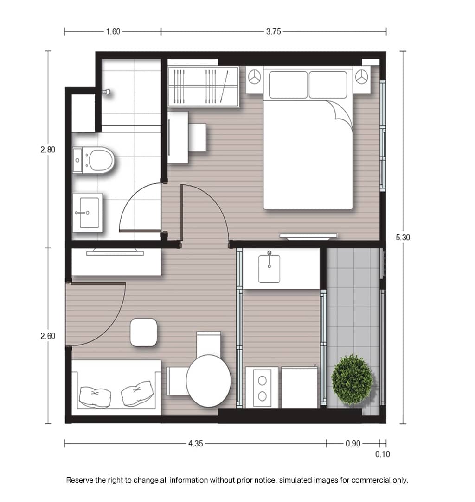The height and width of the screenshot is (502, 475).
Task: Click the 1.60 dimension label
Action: pyautogui.click(x=113, y=31)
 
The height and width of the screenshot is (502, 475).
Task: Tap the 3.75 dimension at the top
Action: pyautogui.click(x=273, y=31)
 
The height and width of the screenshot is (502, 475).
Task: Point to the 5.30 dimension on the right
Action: pyautogui.click(x=403, y=237)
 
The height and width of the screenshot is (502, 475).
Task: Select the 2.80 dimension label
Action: pyautogui.click(x=48, y=150)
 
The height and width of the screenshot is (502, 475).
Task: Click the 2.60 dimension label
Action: pyautogui.click(x=48, y=336)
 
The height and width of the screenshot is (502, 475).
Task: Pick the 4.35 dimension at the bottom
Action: pyautogui.click(x=196, y=443)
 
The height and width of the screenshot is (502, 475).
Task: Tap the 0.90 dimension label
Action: pyautogui.click(x=353, y=443)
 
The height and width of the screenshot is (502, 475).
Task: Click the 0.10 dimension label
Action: pyautogui.click(x=383, y=454)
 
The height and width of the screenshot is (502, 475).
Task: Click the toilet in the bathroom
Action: pyautogui.click(x=93, y=160)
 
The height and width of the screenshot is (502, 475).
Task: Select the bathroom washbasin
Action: pyautogui.click(x=88, y=213)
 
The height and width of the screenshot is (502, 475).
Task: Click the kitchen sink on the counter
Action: pyautogui.click(x=269, y=269)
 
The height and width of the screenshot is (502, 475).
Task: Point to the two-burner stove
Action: pyautogui.click(x=262, y=388)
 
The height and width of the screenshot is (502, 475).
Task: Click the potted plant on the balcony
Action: pyautogui.click(x=352, y=380)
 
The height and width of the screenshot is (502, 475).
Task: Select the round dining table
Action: pyautogui.click(x=208, y=381)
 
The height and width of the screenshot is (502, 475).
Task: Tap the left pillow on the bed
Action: pyautogui.click(x=288, y=85)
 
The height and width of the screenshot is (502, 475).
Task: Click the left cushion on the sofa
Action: pyautogui.click(x=95, y=397)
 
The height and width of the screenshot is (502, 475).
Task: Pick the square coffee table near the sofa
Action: pyautogui.click(x=144, y=333)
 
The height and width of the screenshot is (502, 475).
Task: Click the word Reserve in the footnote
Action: pyautogui.click(x=80, y=480)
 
